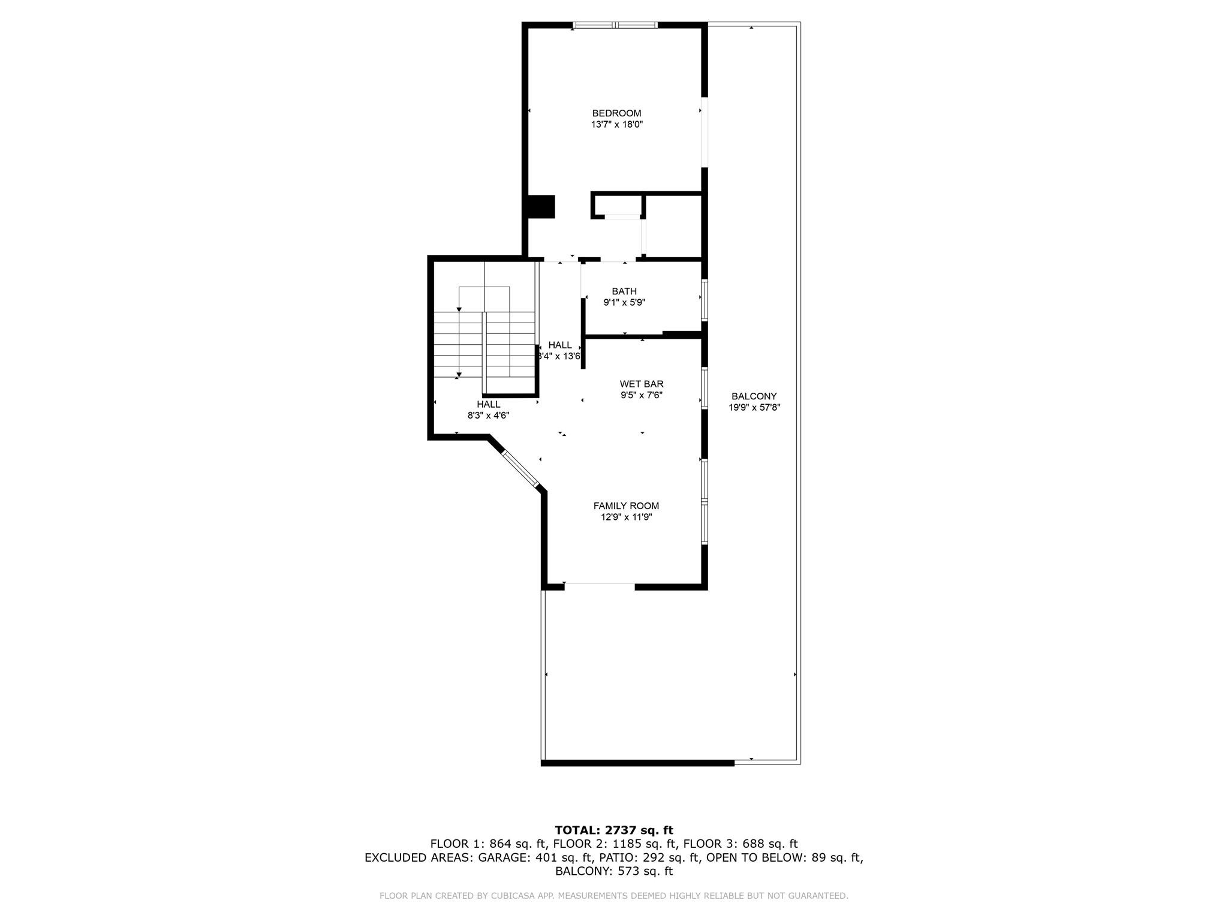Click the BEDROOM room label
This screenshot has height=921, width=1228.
coord(616,113)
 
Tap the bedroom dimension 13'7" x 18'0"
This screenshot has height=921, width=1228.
coord(616,125)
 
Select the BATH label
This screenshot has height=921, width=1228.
coord(624,291)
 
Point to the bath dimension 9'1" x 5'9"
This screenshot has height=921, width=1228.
coord(624,303)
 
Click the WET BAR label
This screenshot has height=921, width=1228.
coord(642,384)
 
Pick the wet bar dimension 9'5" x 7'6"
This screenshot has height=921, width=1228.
coord(642,395)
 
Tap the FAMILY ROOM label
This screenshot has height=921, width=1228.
coord(626,506)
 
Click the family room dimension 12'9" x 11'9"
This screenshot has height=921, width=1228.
coord(626,517)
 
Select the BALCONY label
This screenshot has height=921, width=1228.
coord(754,396)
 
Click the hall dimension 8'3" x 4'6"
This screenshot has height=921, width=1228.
coord(488,416)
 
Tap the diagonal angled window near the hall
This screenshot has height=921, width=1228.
coord(521,468)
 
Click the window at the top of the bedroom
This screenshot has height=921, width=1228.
coord(615,25)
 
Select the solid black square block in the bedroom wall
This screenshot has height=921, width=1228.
coord(541,207)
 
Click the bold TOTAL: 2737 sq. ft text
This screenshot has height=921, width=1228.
coord(614,830)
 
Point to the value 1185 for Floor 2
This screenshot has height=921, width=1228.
coord(619,844)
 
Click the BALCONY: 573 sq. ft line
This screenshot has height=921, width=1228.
coord(614,871)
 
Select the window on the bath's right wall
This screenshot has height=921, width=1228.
coord(705,300)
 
